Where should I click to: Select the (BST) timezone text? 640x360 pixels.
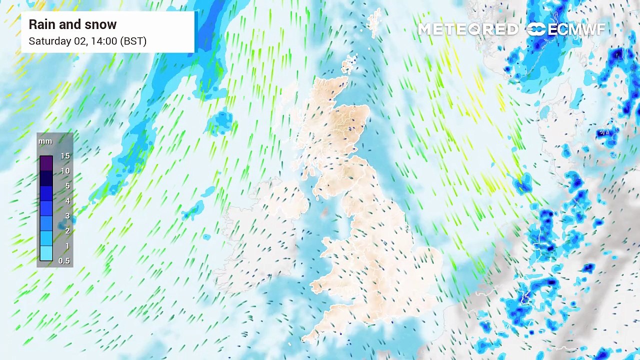[x=134, y=41]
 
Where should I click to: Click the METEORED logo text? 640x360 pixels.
[x=467, y=29]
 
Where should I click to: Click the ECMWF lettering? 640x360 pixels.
[x=576, y=29]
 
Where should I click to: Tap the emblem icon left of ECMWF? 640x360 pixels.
[x=536, y=29]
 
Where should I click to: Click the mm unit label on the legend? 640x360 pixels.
[x=45, y=141]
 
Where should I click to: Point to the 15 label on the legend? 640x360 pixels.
[x=65, y=156]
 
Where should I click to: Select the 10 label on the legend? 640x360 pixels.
[x=65, y=171]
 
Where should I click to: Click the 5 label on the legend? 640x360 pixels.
[x=67, y=186]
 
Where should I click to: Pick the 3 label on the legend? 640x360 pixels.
[x=67, y=216]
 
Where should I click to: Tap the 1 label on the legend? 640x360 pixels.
[x=67, y=246]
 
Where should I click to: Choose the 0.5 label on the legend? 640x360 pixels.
[x=64, y=261]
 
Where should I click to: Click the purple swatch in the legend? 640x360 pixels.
[x=46, y=163]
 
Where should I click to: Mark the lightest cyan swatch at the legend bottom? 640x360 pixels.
[x=46, y=253]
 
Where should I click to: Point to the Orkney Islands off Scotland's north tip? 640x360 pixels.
[x=349, y=63]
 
